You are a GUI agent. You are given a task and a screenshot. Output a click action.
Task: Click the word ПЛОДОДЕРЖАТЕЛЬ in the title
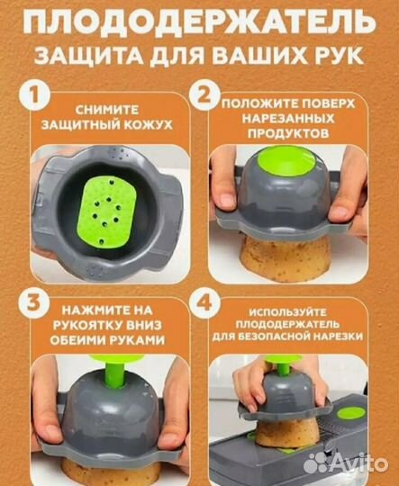199,20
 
